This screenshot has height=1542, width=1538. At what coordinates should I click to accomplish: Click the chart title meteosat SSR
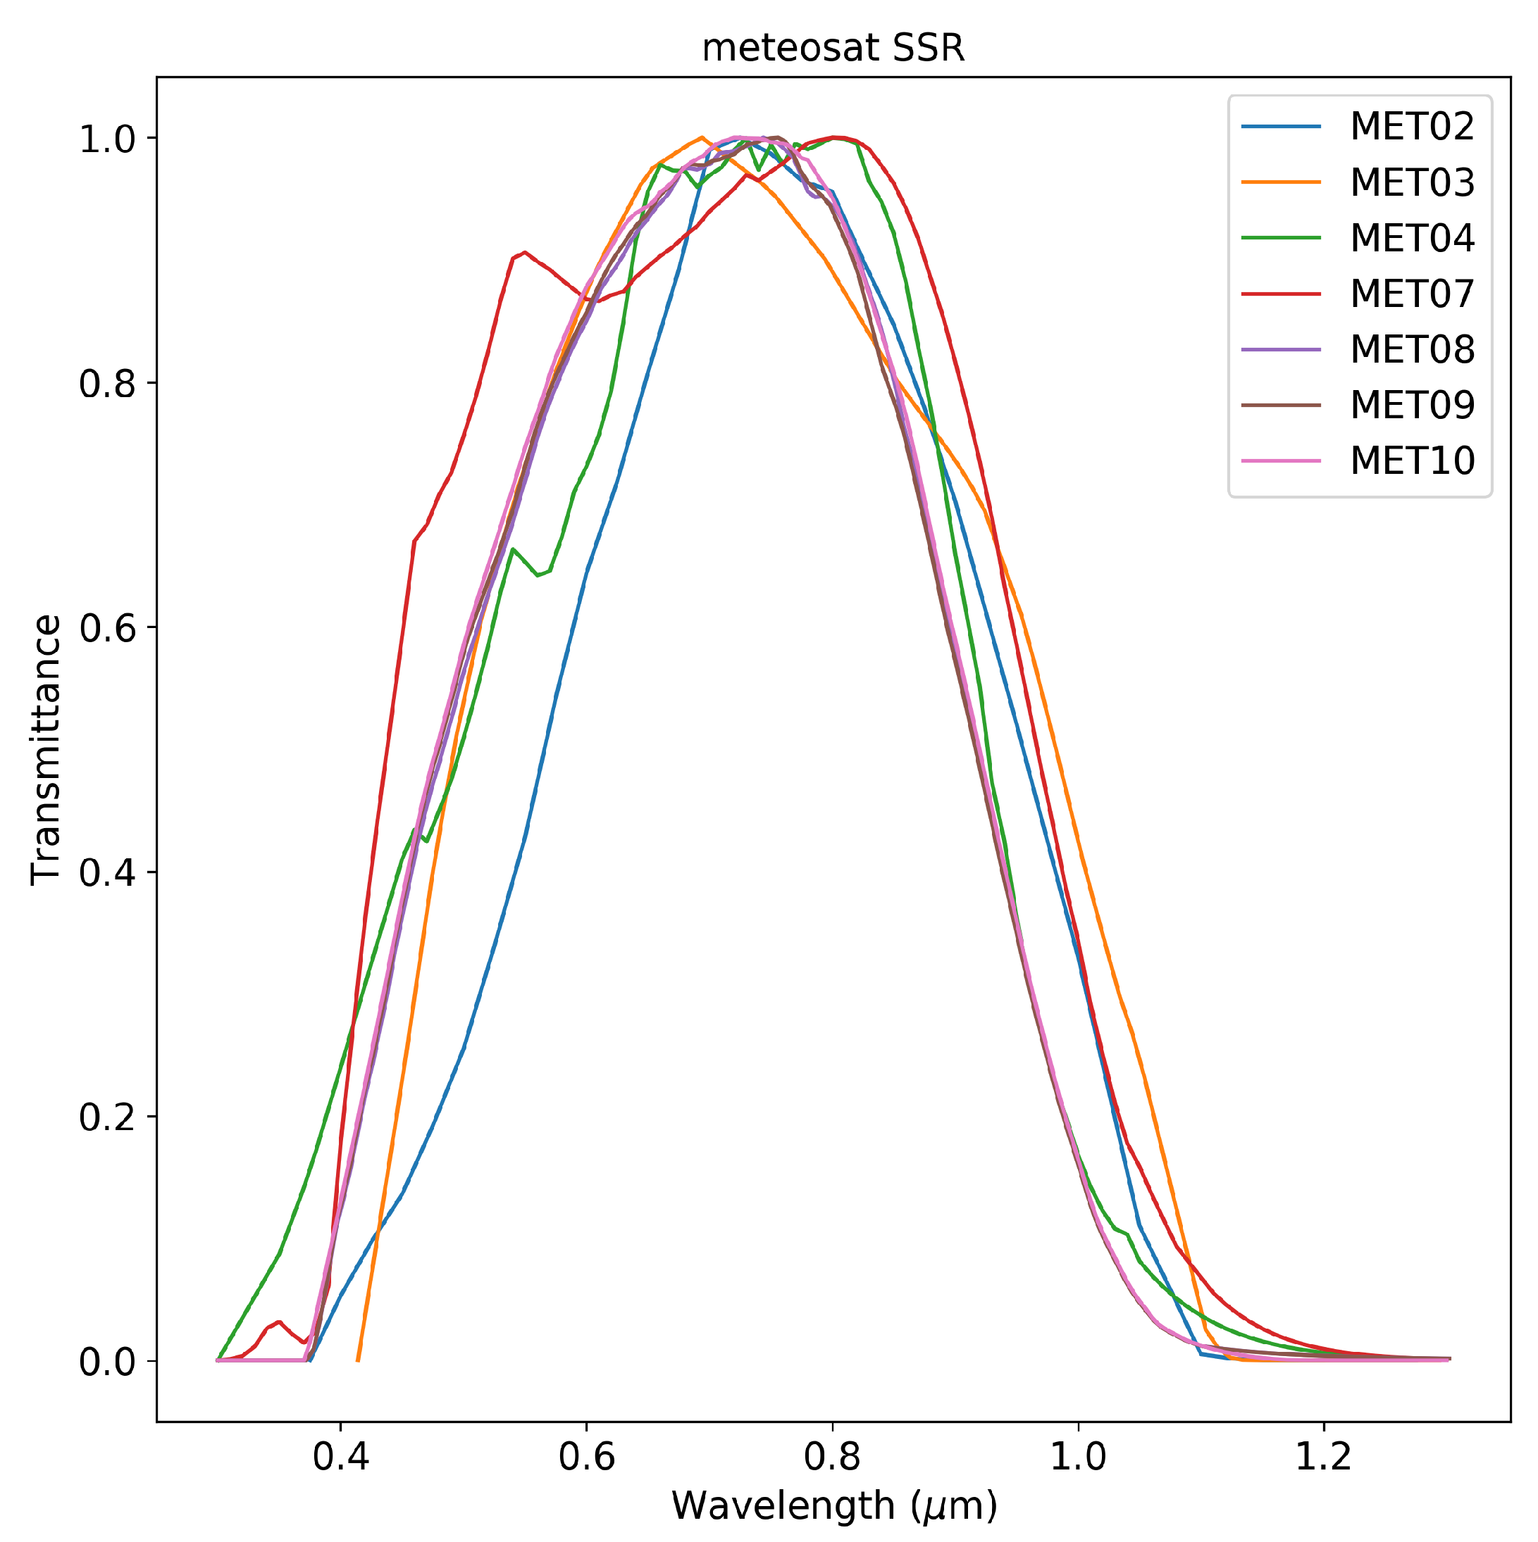pos(833,49)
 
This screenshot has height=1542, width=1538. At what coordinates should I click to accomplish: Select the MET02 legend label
pos(1411,127)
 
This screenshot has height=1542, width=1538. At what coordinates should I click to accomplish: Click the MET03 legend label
pos(1411,183)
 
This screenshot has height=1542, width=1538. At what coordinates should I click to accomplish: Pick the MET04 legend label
pos(1411,238)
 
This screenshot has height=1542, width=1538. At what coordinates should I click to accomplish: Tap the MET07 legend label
pos(1411,294)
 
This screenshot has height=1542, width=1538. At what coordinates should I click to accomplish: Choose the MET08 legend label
pos(1411,349)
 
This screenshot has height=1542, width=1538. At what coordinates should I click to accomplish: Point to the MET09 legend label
pos(1411,406)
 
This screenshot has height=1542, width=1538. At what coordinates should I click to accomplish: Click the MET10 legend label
pos(1411,460)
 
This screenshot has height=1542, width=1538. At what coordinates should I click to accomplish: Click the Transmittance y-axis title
pos(46,751)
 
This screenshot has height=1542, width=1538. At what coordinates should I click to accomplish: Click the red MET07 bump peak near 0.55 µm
pos(524,252)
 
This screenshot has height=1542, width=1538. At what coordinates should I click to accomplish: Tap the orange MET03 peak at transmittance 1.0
pos(701,137)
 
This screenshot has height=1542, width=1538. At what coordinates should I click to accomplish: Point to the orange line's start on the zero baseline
pos(358,1360)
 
